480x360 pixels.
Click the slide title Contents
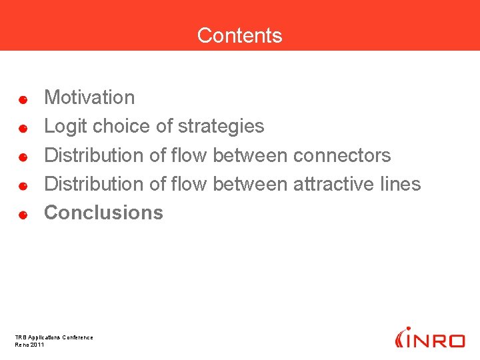point(239,35)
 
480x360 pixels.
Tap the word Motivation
point(89,97)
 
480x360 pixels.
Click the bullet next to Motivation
point(22,100)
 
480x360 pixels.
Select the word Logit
point(65,126)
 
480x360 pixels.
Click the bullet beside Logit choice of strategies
point(22,129)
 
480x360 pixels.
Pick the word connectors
point(342,155)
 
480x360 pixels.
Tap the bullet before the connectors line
point(22,158)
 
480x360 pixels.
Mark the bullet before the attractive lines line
point(22,187)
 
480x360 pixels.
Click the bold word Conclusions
point(103,213)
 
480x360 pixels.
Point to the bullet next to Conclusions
point(22,215)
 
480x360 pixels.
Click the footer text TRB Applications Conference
point(54,337)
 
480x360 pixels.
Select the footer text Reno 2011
point(29,345)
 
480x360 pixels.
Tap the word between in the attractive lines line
point(250,183)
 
